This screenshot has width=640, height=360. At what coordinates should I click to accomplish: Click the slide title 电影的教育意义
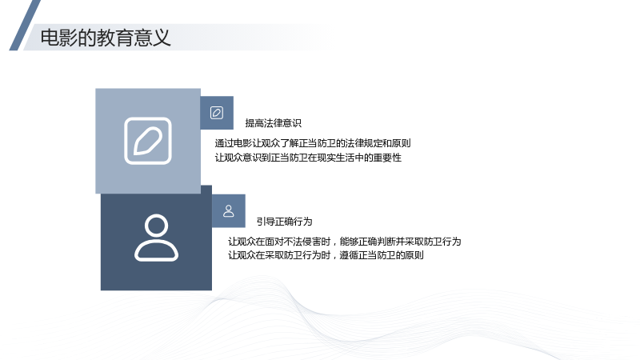tap(106, 38)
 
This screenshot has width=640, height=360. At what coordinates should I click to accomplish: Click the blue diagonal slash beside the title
tap(25, 26)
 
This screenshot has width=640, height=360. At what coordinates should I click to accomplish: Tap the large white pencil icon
tap(148, 141)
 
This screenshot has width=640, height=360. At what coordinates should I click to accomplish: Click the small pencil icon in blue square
tap(217, 113)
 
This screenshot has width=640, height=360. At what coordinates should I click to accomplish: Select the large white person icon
tap(156, 238)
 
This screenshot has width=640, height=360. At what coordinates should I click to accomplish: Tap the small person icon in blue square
tap(229, 211)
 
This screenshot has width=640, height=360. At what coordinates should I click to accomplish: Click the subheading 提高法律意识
tap(273, 123)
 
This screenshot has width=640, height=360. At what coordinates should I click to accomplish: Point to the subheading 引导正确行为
tap(285, 222)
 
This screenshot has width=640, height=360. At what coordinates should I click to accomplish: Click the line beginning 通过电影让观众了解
tap(313, 143)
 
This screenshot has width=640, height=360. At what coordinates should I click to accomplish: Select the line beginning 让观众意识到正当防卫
tap(308, 158)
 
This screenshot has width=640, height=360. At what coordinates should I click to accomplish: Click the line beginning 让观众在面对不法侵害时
tap(345, 242)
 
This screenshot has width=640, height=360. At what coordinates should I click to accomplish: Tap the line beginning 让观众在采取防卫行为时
tap(326, 255)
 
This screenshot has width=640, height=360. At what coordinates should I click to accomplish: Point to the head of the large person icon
tap(156, 226)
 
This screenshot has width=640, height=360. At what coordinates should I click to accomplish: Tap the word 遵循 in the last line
tap(349, 255)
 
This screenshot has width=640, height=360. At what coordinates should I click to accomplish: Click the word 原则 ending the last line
tap(414, 255)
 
